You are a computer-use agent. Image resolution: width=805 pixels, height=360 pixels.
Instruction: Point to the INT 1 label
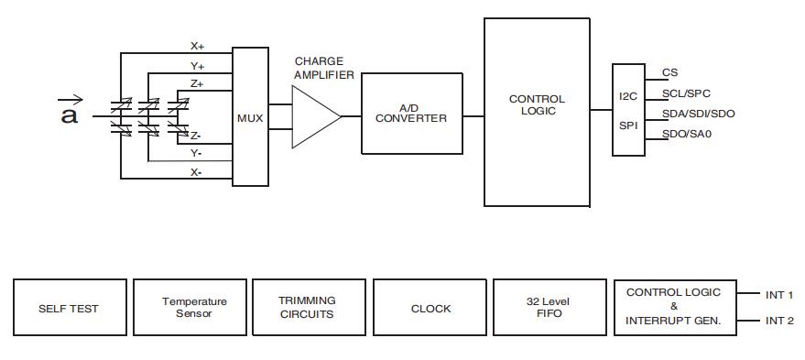(x=779, y=295)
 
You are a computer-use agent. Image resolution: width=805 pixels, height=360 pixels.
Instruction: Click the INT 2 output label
(x=779, y=321)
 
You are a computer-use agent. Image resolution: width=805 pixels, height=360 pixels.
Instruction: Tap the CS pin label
(x=669, y=73)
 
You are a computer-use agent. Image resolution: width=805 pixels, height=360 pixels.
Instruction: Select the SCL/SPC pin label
(x=686, y=93)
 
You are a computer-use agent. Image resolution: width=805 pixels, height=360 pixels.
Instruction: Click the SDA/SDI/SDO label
(x=698, y=114)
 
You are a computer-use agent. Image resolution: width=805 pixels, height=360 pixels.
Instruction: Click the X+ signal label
(x=198, y=46)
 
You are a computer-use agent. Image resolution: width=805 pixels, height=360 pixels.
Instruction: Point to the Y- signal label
(x=196, y=154)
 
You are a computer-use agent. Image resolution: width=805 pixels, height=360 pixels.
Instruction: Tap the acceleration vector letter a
(x=70, y=115)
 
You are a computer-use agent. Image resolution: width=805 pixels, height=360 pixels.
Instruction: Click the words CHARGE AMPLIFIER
(x=324, y=69)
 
